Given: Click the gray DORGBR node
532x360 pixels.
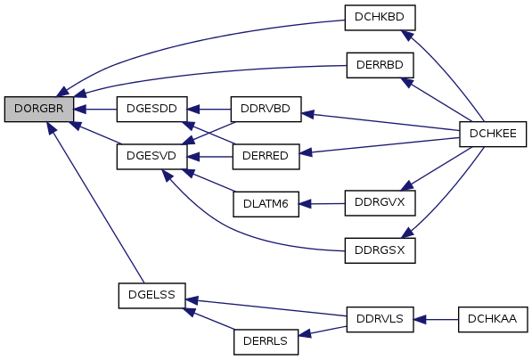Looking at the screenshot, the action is pyautogui.click(x=38, y=109).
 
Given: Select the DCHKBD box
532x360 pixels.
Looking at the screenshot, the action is pyautogui.click(x=380, y=18).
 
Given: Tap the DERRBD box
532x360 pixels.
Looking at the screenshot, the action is pyautogui.click(x=380, y=65).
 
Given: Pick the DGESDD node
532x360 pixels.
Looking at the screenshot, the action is pyautogui.click(x=151, y=109).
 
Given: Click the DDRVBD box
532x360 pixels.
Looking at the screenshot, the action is pyautogui.click(x=266, y=109).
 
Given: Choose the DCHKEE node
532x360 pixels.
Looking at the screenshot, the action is pyautogui.click(x=493, y=134).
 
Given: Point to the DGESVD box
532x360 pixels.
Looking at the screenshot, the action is pyautogui.click(x=151, y=157).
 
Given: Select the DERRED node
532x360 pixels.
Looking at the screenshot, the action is pyautogui.click(x=266, y=157).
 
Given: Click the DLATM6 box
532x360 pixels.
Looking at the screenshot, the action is pyautogui.click(x=266, y=204).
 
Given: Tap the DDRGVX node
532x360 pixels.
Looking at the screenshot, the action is pyautogui.click(x=380, y=203).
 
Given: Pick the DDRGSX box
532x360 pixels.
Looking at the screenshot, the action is pyautogui.click(x=380, y=250).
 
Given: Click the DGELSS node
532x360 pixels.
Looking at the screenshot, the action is pyautogui.click(x=151, y=296).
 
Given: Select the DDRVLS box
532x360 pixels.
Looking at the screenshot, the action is pyautogui.click(x=380, y=319).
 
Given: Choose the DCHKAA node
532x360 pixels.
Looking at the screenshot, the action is pyautogui.click(x=493, y=319).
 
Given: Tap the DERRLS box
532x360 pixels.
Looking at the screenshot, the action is pyautogui.click(x=266, y=341).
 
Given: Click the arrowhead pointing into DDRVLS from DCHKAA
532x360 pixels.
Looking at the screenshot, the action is pyautogui.click(x=420, y=320).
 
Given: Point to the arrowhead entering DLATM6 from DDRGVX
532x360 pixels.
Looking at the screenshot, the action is pyautogui.click(x=305, y=204).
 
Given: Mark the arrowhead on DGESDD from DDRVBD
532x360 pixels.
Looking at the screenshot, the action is pyautogui.click(x=193, y=110).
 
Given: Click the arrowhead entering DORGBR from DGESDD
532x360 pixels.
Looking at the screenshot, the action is pyautogui.click(x=79, y=110).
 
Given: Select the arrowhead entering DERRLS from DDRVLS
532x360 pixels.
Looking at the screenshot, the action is pyautogui.click(x=305, y=333).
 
